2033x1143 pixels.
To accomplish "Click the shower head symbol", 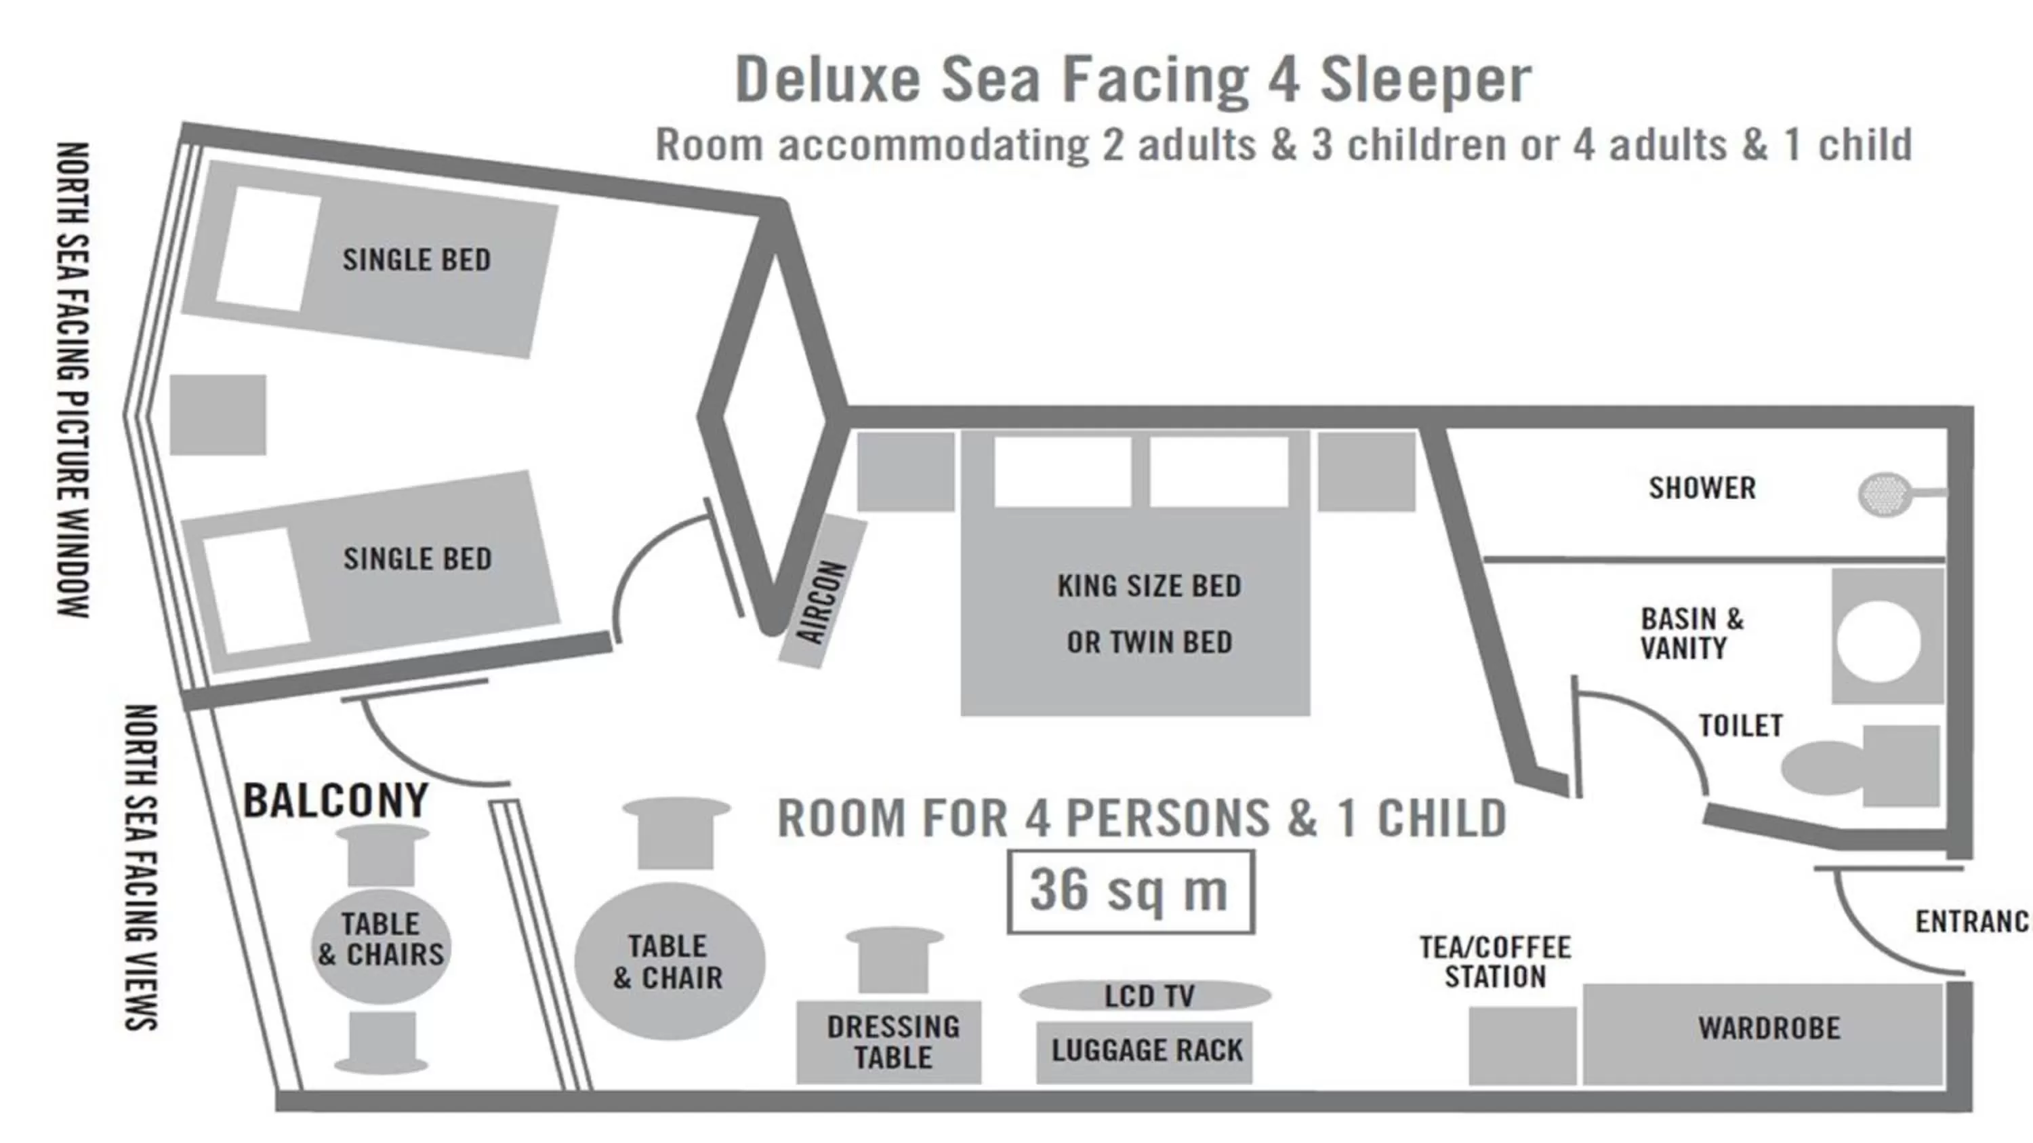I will coord(1886,495).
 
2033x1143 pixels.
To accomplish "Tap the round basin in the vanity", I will coord(1878,639).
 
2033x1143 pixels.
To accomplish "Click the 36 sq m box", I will coord(1130,892).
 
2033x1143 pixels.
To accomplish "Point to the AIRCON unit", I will coord(823,592).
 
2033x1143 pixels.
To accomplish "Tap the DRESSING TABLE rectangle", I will coord(889,1042).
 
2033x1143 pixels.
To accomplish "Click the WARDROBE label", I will coord(1769,1028).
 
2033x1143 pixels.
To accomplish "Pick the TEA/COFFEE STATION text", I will coord(1495,962).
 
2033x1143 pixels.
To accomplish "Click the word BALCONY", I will coord(336,801).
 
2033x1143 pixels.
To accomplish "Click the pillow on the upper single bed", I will coord(268,249).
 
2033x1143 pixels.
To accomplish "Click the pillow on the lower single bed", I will coord(255,590).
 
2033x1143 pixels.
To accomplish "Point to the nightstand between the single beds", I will coord(218,414).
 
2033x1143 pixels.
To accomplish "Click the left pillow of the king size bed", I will coord(1063,471).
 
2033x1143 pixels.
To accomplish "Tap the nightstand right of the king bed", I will coord(1367,471).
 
